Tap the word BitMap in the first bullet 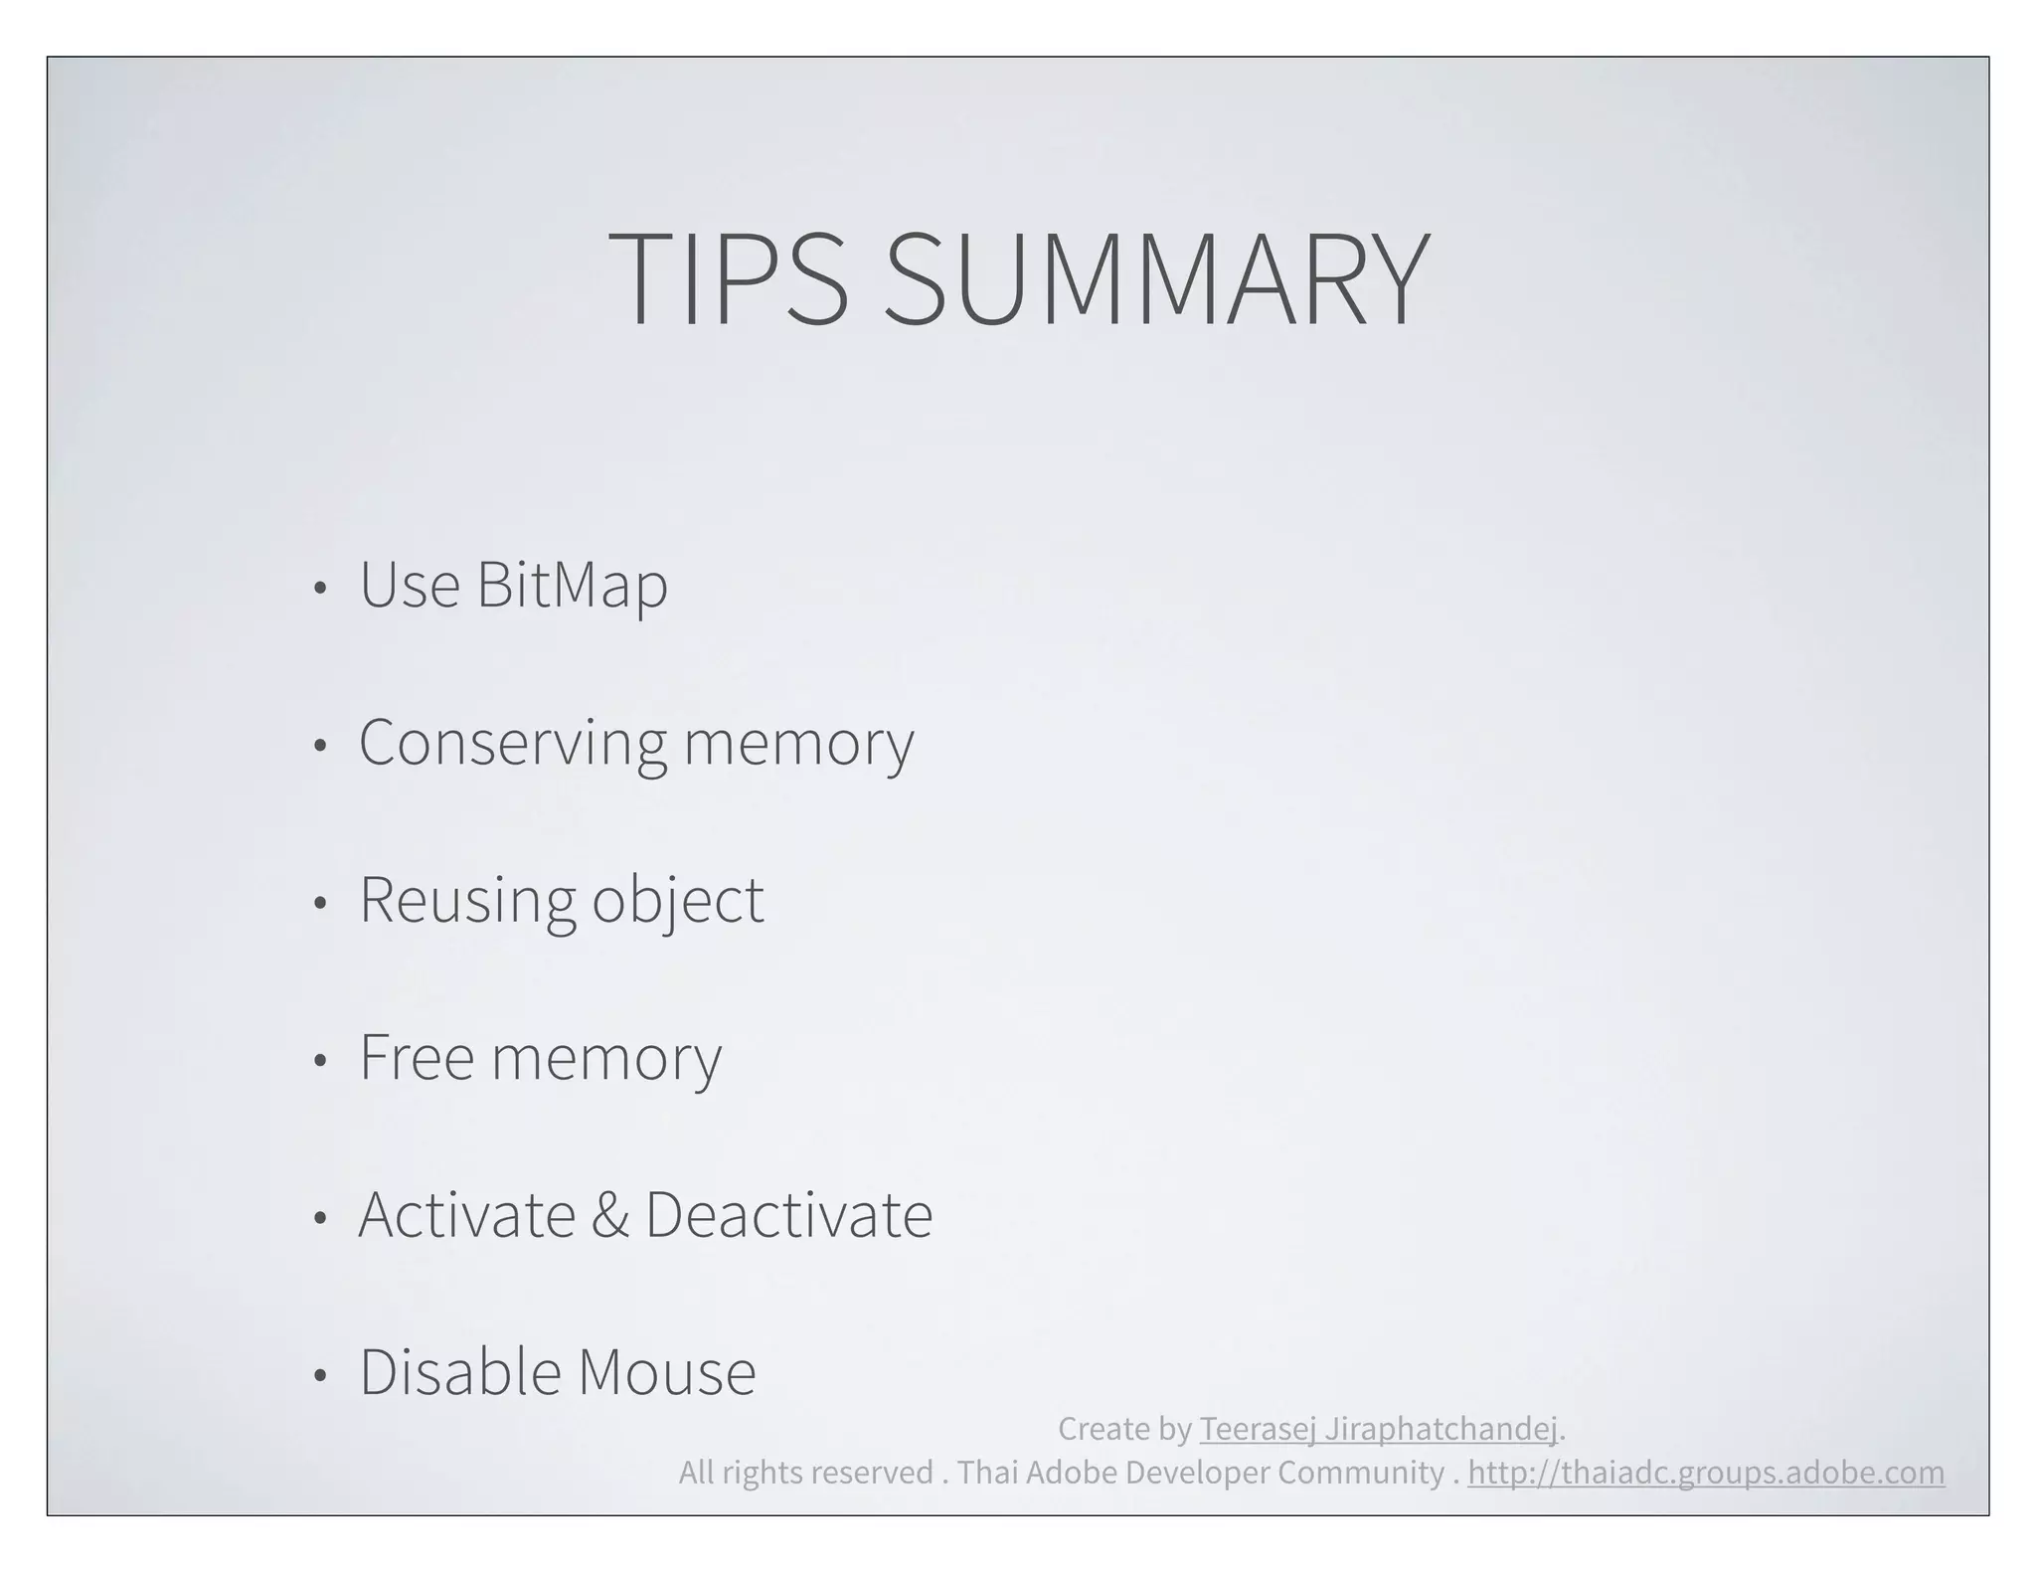click(572, 585)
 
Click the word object click(678, 901)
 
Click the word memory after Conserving click(798, 743)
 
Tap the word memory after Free click(606, 1058)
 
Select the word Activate click(466, 1214)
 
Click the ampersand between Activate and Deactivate click(609, 1214)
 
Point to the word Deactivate click(788, 1214)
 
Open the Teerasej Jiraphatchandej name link click(1378, 1429)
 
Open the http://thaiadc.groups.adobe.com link click(1706, 1472)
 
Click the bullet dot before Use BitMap click(319, 589)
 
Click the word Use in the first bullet click(409, 585)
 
